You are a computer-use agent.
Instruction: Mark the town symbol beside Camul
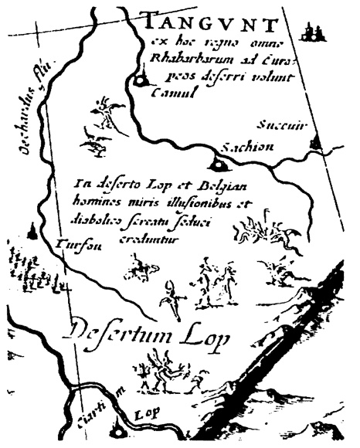tap(141, 79)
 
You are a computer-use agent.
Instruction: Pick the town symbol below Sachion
tap(217, 164)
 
